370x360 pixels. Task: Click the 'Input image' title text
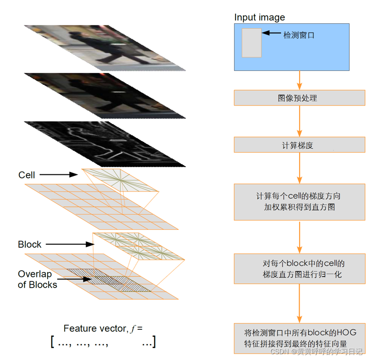[x=259, y=17]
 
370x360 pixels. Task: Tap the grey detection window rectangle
[x=252, y=43]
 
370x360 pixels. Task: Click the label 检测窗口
[x=300, y=35]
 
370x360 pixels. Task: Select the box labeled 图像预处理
[x=299, y=98]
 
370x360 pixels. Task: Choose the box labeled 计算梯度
[x=299, y=145]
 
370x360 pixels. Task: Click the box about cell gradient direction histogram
[x=299, y=202]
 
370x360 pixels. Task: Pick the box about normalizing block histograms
[x=299, y=269]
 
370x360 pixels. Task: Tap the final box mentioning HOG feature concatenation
[x=299, y=338]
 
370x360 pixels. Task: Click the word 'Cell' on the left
[x=27, y=175]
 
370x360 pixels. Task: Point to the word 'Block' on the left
[x=30, y=244]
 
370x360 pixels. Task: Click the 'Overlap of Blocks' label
[x=37, y=279]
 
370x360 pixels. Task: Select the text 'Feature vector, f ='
[x=103, y=328]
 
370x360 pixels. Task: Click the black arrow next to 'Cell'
[x=58, y=174]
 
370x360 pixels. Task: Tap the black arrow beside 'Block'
[x=68, y=244]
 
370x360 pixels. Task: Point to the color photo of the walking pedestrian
[x=104, y=47]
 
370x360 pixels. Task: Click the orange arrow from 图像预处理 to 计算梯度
[x=300, y=121]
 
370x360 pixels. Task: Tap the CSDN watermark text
[x=316, y=351]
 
